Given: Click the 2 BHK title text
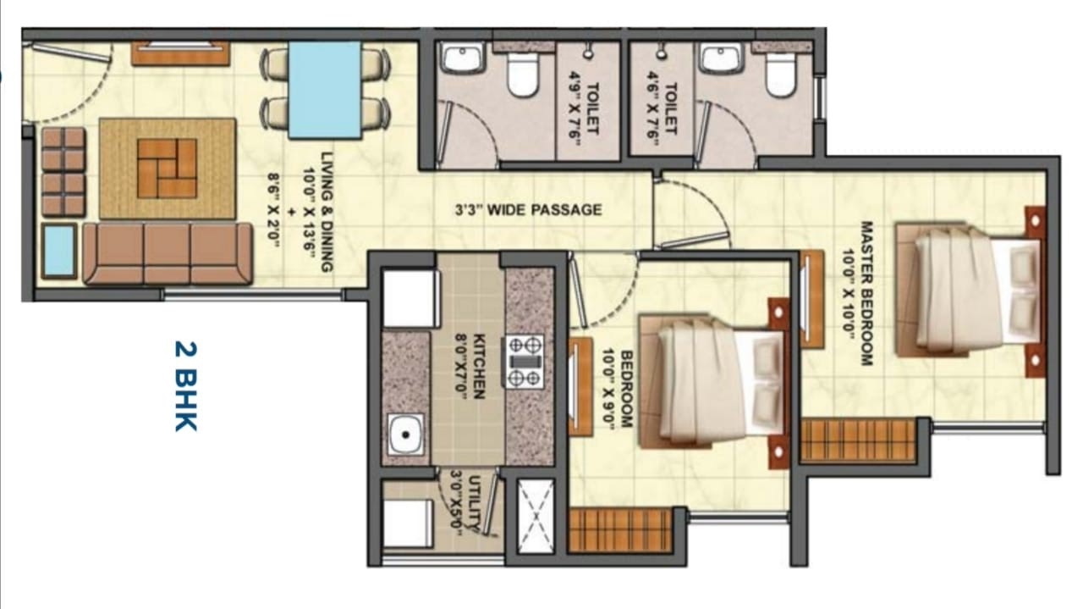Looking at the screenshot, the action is (x=186, y=386).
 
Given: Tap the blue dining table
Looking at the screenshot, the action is (x=325, y=90).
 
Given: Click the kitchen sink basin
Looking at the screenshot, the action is (x=405, y=434).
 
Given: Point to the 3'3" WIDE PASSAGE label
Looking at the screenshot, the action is (x=529, y=209).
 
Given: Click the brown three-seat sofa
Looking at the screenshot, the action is (x=168, y=253).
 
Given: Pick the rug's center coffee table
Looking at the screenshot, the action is (x=167, y=168).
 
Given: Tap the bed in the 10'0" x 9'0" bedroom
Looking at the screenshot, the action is (x=714, y=384).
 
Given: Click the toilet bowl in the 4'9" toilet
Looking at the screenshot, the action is (x=522, y=74).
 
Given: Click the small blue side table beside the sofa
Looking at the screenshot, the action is (x=59, y=251).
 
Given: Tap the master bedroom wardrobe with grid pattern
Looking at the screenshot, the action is (x=859, y=440).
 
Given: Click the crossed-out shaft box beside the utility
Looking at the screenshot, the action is (x=536, y=516).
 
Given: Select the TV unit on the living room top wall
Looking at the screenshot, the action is (x=180, y=53).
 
